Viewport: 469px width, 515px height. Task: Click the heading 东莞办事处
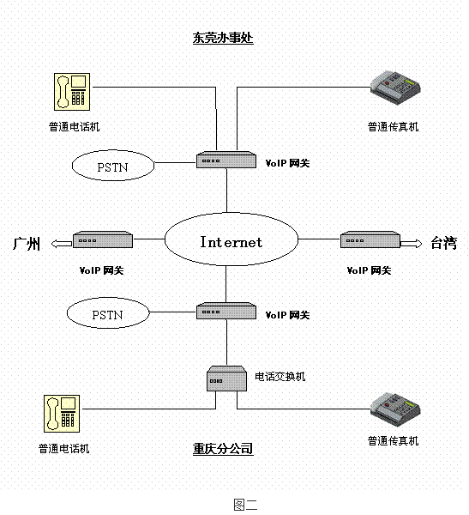[223, 39]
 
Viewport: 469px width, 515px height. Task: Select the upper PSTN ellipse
[111, 166]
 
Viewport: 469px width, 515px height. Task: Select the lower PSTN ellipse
[107, 314]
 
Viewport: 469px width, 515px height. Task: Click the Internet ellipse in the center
[231, 241]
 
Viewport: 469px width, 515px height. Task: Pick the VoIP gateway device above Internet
[227, 160]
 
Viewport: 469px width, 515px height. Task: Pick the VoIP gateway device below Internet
[227, 312]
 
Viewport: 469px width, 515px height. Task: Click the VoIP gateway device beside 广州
[103, 240]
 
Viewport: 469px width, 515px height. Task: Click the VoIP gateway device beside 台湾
[370, 240]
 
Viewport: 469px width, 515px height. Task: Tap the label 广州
[27, 244]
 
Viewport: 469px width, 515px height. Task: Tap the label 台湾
[443, 243]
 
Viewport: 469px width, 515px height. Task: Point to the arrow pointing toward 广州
[61, 244]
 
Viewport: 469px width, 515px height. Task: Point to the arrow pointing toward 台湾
[412, 244]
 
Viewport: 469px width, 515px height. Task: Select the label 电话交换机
[280, 376]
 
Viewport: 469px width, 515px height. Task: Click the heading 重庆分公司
[223, 449]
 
